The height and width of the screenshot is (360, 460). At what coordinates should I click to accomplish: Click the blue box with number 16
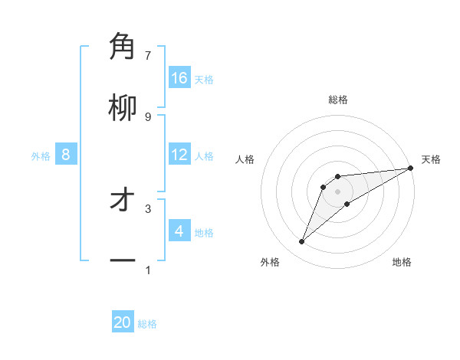(x=179, y=78)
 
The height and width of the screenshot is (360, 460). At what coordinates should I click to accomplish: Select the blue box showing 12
(x=179, y=155)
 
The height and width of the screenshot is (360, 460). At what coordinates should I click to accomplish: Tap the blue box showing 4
(x=179, y=231)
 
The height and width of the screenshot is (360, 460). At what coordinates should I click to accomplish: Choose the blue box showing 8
(x=66, y=155)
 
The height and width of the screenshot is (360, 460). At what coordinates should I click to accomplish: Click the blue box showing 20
(x=123, y=323)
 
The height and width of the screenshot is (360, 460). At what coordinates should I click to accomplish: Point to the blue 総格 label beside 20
(x=148, y=324)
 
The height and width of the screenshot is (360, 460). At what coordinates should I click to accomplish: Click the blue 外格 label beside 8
(x=41, y=155)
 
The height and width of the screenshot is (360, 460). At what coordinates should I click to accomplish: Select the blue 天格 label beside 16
(x=204, y=79)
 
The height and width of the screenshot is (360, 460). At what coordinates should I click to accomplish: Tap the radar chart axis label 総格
(x=338, y=100)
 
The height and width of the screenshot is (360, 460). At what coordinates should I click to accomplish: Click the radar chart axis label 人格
(x=245, y=159)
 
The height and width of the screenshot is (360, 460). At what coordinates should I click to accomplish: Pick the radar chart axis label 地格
(x=402, y=262)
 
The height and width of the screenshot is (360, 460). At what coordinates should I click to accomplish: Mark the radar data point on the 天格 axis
(x=410, y=168)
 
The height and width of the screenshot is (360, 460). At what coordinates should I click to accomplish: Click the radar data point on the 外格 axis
(x=302, y=242)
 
